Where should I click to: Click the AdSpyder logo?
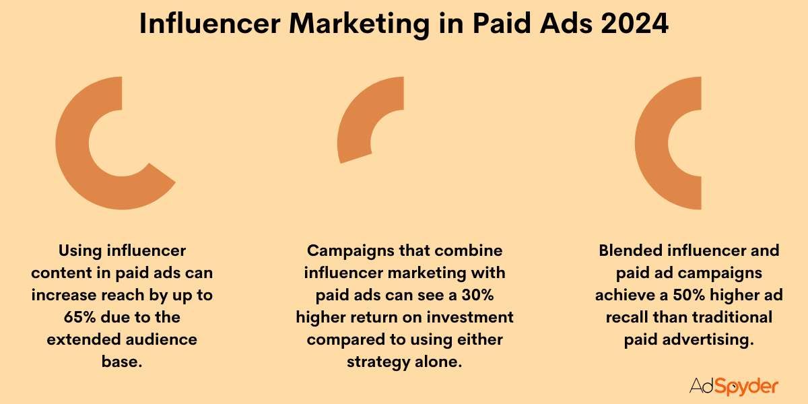tap(734, 386)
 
